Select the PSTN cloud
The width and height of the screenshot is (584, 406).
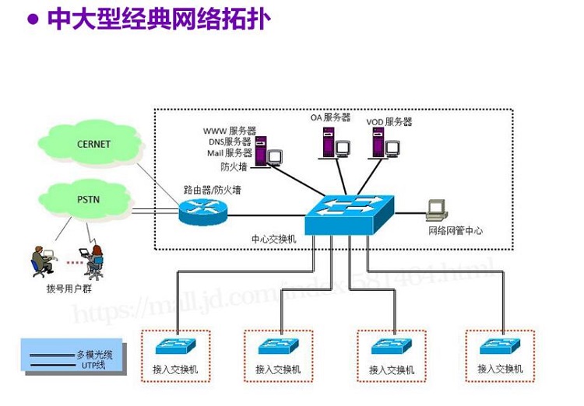88,200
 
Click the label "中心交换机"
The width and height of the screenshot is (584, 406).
273,240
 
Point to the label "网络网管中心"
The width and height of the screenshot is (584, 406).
456,231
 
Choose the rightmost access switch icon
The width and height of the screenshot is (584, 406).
499,346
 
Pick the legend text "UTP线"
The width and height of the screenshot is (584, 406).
93,364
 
